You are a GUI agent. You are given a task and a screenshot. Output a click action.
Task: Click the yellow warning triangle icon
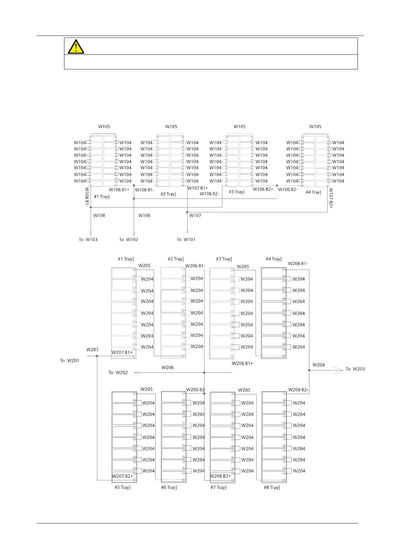tap(76, 46)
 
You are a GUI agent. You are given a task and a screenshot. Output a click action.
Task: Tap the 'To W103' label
tap(88, 239)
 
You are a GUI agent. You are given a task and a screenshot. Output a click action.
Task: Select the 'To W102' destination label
tap(128, 239)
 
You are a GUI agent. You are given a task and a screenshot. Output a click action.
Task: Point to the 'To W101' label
tap(186, 239)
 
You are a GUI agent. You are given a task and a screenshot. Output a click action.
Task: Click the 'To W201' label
tap(70, 360)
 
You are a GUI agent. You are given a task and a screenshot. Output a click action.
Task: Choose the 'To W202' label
tap(118, 372)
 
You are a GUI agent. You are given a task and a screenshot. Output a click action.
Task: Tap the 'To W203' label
tap(355, 369)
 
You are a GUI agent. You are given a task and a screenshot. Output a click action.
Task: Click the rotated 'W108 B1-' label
tap(87, 197)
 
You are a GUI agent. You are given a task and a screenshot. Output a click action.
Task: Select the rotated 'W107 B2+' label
tap(331, 198)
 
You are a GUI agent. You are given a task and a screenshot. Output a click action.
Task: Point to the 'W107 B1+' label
tap(198, 188)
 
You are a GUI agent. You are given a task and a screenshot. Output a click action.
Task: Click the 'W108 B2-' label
tap(209, 194)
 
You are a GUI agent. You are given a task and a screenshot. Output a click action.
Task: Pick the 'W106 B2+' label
tap(263, 189)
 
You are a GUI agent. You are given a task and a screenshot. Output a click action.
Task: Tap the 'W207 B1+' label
tap(122, 353)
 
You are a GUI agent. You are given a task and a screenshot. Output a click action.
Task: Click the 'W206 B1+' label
tap(242, 363)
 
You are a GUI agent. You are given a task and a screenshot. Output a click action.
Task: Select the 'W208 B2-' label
tap(298, 390)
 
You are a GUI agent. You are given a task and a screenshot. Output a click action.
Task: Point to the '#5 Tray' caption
tap(122, 487)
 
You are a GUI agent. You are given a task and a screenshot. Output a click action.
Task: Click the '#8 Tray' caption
tap(272, 487)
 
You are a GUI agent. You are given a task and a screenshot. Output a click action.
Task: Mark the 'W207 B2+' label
tap(122, 476)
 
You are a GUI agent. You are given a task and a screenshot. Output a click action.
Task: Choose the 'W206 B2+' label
tap(220, 476)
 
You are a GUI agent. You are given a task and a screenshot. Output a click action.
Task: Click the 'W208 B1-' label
tap(298, 264)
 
